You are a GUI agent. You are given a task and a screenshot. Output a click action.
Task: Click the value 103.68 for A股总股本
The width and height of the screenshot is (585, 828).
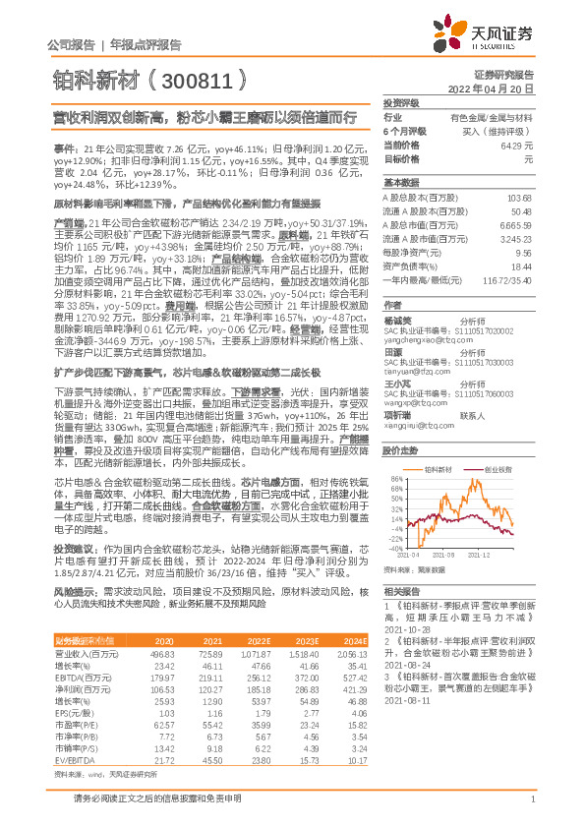[518, 198]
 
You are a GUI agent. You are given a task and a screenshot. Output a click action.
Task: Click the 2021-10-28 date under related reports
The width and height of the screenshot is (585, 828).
[407, 625]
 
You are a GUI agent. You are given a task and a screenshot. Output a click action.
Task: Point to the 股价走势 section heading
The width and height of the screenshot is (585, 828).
[400, 450]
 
